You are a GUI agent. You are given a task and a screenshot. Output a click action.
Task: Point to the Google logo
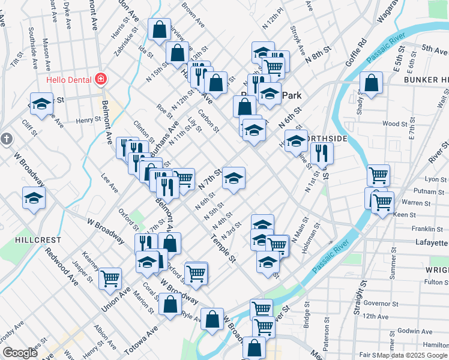click(x=19, y=353)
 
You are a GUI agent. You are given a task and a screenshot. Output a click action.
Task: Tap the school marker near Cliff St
click(x=41, y=103)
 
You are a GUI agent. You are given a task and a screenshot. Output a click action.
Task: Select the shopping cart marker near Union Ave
click(x=110, y=277)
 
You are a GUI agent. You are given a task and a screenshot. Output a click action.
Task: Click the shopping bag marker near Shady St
click(x=372, y=83)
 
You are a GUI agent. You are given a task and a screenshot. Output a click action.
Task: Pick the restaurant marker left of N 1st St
click(x=323, y=153)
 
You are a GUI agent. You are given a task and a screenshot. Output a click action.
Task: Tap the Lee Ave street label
click(x=110, y=183)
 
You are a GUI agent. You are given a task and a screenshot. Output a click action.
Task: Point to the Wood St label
click(x=395, y=124)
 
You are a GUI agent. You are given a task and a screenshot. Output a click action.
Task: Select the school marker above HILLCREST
click(x=34, y=197)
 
